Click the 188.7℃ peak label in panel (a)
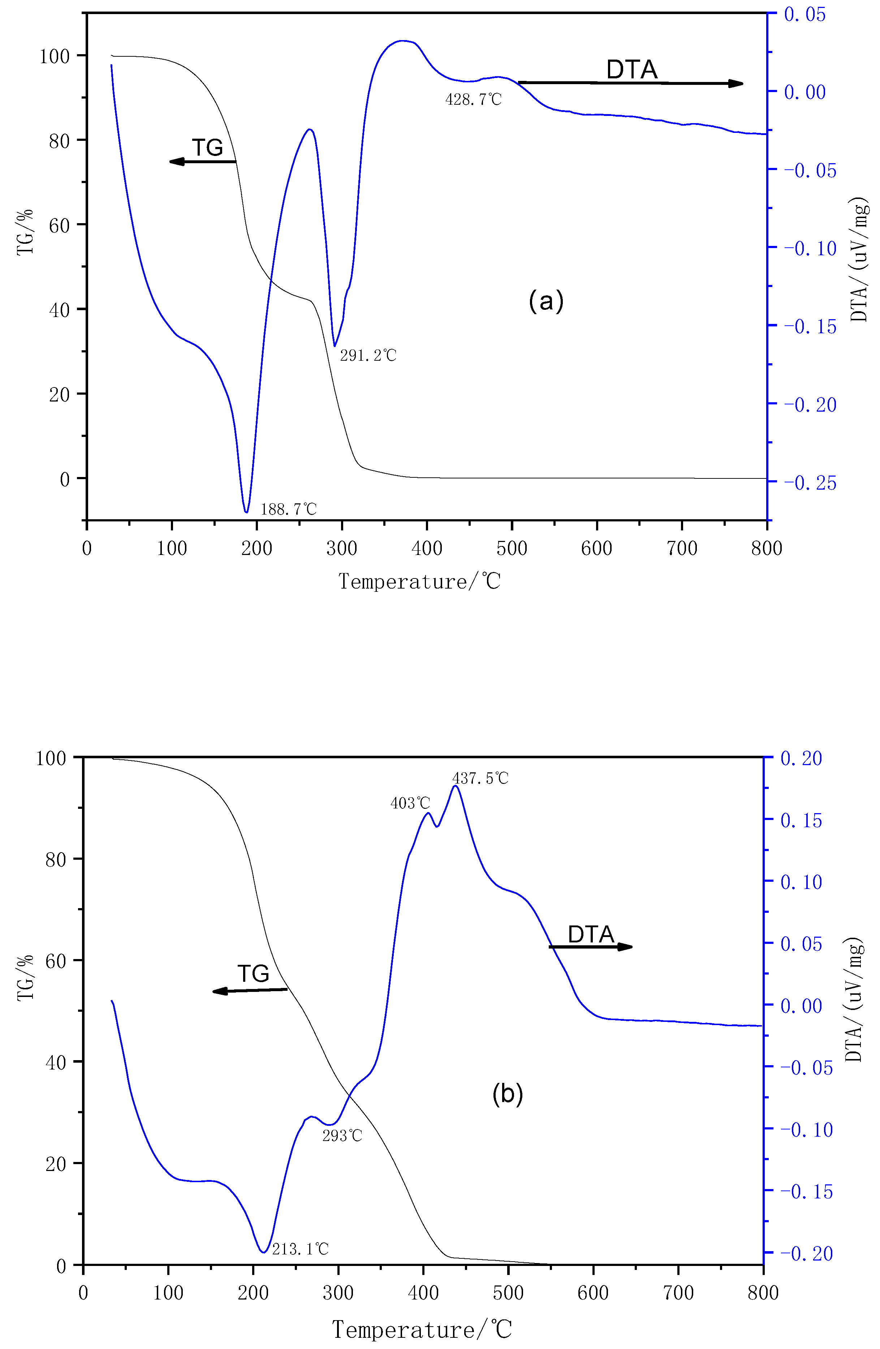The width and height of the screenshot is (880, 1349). coord(288,509)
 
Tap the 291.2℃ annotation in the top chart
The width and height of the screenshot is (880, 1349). coord(368,355)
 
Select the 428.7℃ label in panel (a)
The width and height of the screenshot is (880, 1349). coord(474,100)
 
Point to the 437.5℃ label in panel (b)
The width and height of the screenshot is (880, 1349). coord(480,778)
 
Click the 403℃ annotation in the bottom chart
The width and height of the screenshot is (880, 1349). coord(410,803)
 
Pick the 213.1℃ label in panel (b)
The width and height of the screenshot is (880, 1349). coord(300,1249)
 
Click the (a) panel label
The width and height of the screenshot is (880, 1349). coord(546,300)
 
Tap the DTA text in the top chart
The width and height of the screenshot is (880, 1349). coord(632,70)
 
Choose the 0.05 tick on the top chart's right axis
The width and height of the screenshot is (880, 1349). coord(804,14)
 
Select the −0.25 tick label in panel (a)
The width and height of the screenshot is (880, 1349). coord(810,483)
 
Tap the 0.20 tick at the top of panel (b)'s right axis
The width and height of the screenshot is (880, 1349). coord(801,758)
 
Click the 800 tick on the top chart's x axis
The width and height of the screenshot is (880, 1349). coord(767,548)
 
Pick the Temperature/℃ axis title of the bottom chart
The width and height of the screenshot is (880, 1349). coord(422,1329)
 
